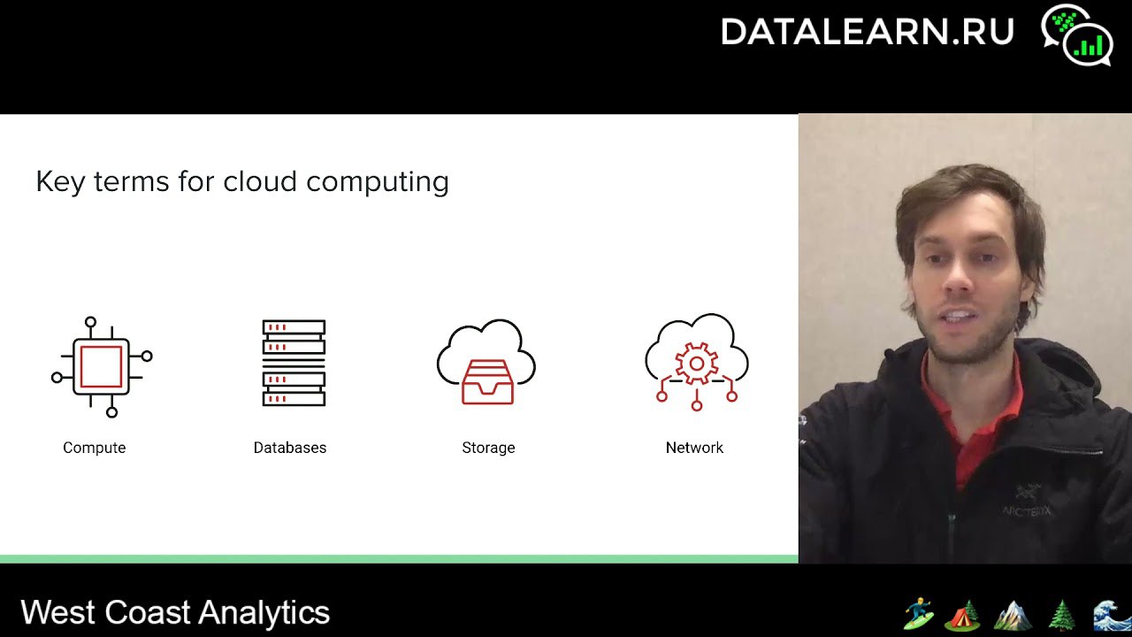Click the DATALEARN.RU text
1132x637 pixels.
point(868,31)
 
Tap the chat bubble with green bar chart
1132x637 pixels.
point(1088,44)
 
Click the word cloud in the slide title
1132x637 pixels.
point(260,181)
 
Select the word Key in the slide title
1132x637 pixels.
point(61,182)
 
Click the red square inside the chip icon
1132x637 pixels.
point(101,366)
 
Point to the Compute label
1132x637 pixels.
point(95,448)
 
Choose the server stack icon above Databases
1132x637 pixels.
point(294,363)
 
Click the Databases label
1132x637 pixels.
point(290,448)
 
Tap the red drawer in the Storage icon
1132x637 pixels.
point(487,381)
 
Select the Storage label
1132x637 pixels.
point(488,448)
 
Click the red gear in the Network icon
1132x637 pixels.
point(696,364)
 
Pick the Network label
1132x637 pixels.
point(694,448)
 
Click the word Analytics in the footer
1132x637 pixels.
point(264,614)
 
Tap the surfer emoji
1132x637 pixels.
point(919,614)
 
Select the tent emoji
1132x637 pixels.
point(962,615)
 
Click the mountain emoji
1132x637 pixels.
point(1013,615)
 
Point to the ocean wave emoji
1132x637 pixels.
point(1113,615)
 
